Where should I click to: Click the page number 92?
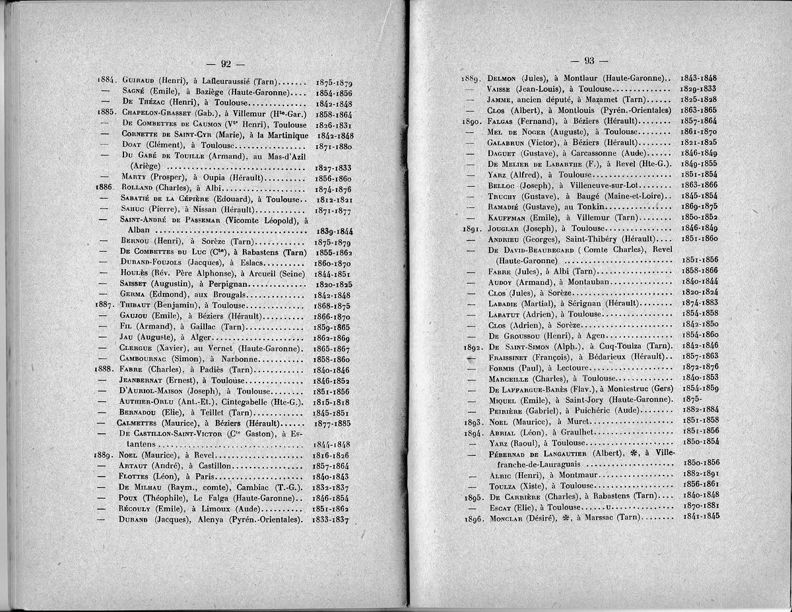tap(226, 63)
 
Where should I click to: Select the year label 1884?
tap(106, 82)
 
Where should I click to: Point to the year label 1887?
tap(106, 305)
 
